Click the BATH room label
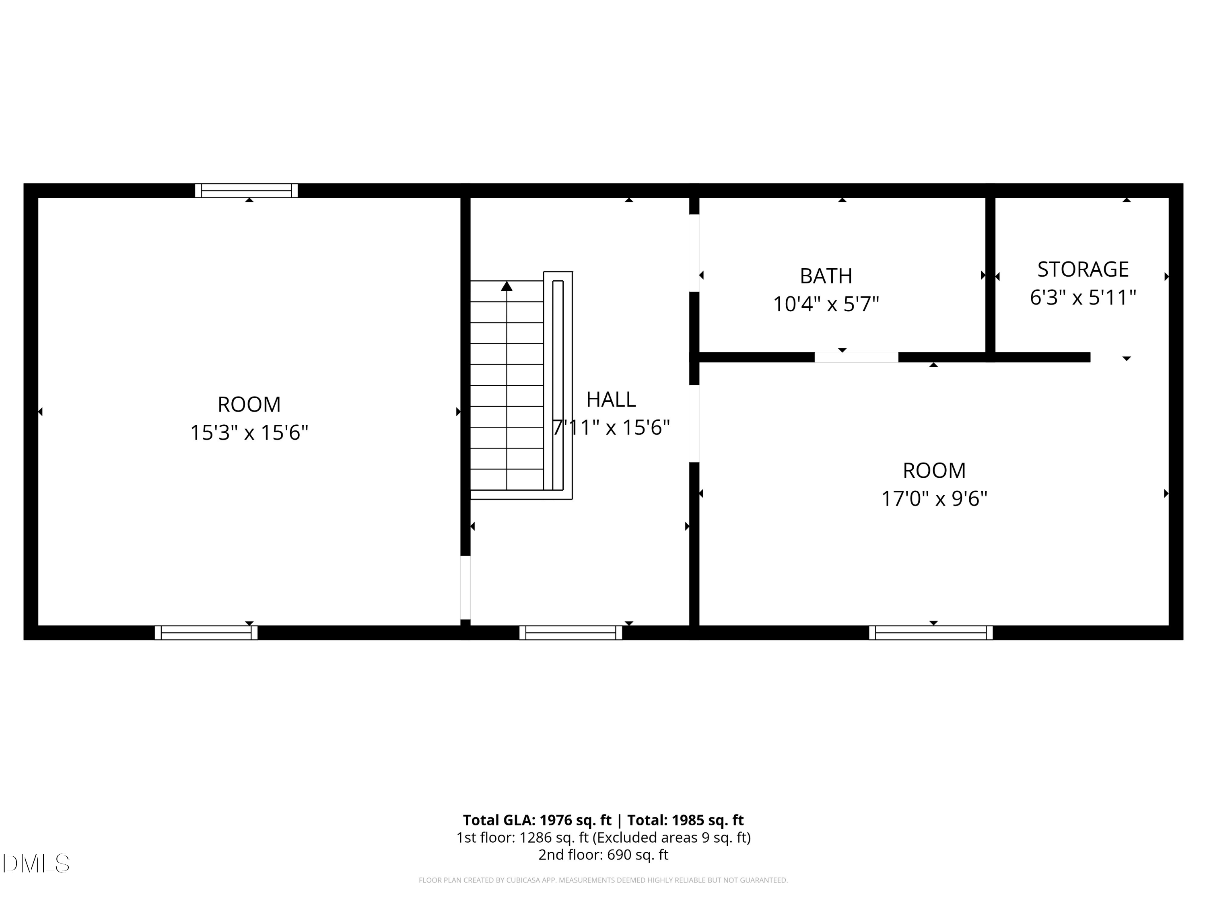click(x=826, y=276)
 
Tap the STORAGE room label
click(x=1083, y=269)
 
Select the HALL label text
click(x=611, y=399)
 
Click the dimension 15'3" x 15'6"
click(x=249, y=432)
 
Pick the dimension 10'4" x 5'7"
click(x=826, y=304)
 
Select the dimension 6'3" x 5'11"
click(x=1083, y=298)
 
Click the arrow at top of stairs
click(x=507, y=286)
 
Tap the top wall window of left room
click(x=246, y=190)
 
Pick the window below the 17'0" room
click(x=930, y=633)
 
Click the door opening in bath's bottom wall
click(x=856, y=357)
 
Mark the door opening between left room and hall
click(x=465, y=588)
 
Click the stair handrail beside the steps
click(x=558, y=385)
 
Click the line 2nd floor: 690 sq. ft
click(x=603, y=854)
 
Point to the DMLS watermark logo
click(x=36, y=864)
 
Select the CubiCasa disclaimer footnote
click(x=603, y=880)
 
